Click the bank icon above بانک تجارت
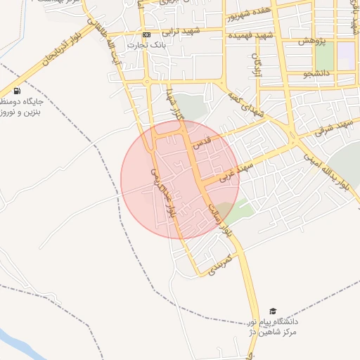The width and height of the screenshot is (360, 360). (x=146, y=34)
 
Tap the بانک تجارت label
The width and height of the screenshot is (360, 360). (x=146, y=45)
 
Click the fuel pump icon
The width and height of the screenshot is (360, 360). (x=16, y=91)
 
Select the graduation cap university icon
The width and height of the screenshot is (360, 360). (x=273, y=311)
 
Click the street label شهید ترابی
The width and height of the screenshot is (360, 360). (x=181, y=32)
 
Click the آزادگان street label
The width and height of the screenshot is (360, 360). (x=257, y=67)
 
